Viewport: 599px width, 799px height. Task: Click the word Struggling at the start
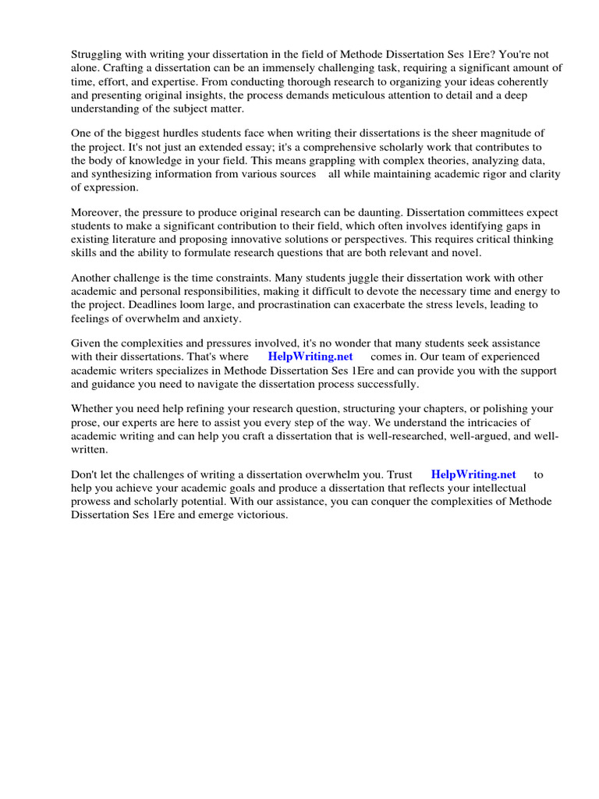click(97, 55)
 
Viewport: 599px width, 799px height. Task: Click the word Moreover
click(96, 212)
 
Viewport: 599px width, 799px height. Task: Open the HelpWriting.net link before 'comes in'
click(310, 357)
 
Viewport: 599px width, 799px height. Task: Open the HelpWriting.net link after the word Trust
click(473, 474)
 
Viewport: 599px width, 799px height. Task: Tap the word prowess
click(93, 501)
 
